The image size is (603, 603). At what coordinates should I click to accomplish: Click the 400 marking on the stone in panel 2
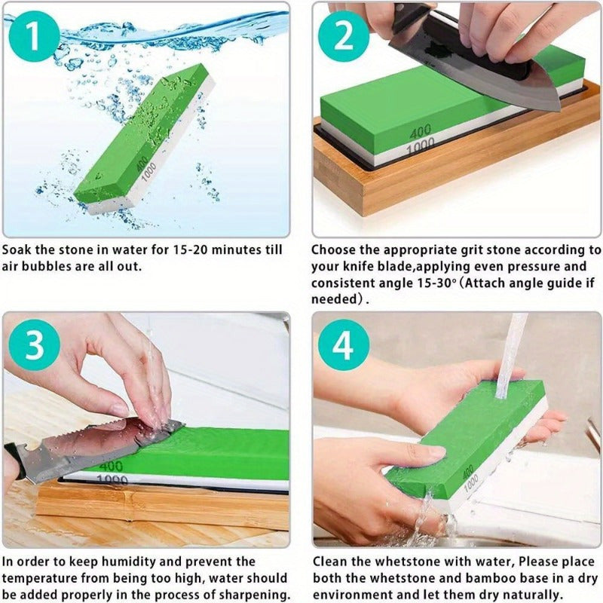tap(421, 133)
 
